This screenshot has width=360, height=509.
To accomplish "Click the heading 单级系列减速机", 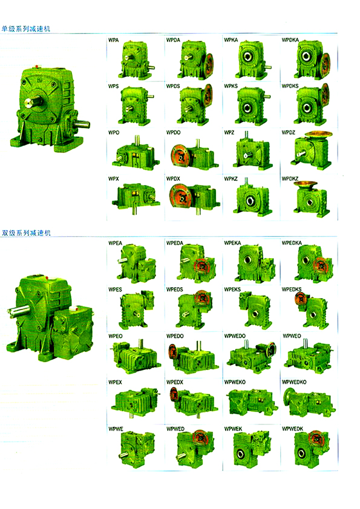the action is [x=26, y=28].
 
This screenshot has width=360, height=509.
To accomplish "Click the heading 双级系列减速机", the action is [x=26, y=233].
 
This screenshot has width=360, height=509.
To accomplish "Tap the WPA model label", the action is [x=113, y=40].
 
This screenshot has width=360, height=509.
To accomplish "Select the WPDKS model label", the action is [x=290, y=86].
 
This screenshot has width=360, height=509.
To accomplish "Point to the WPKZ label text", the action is [x=231, y=178].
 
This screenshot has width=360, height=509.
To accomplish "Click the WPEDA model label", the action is [x=175, y=243].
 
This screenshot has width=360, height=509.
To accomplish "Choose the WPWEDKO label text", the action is [x=294, y=382].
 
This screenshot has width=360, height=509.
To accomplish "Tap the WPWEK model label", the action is [x=233, y=429].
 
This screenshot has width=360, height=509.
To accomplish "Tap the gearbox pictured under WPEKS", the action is [x=254, y=310].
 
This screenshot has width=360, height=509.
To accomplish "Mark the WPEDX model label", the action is [x=175, y=382].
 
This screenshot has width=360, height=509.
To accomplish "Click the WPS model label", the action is [x=113, y=86].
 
